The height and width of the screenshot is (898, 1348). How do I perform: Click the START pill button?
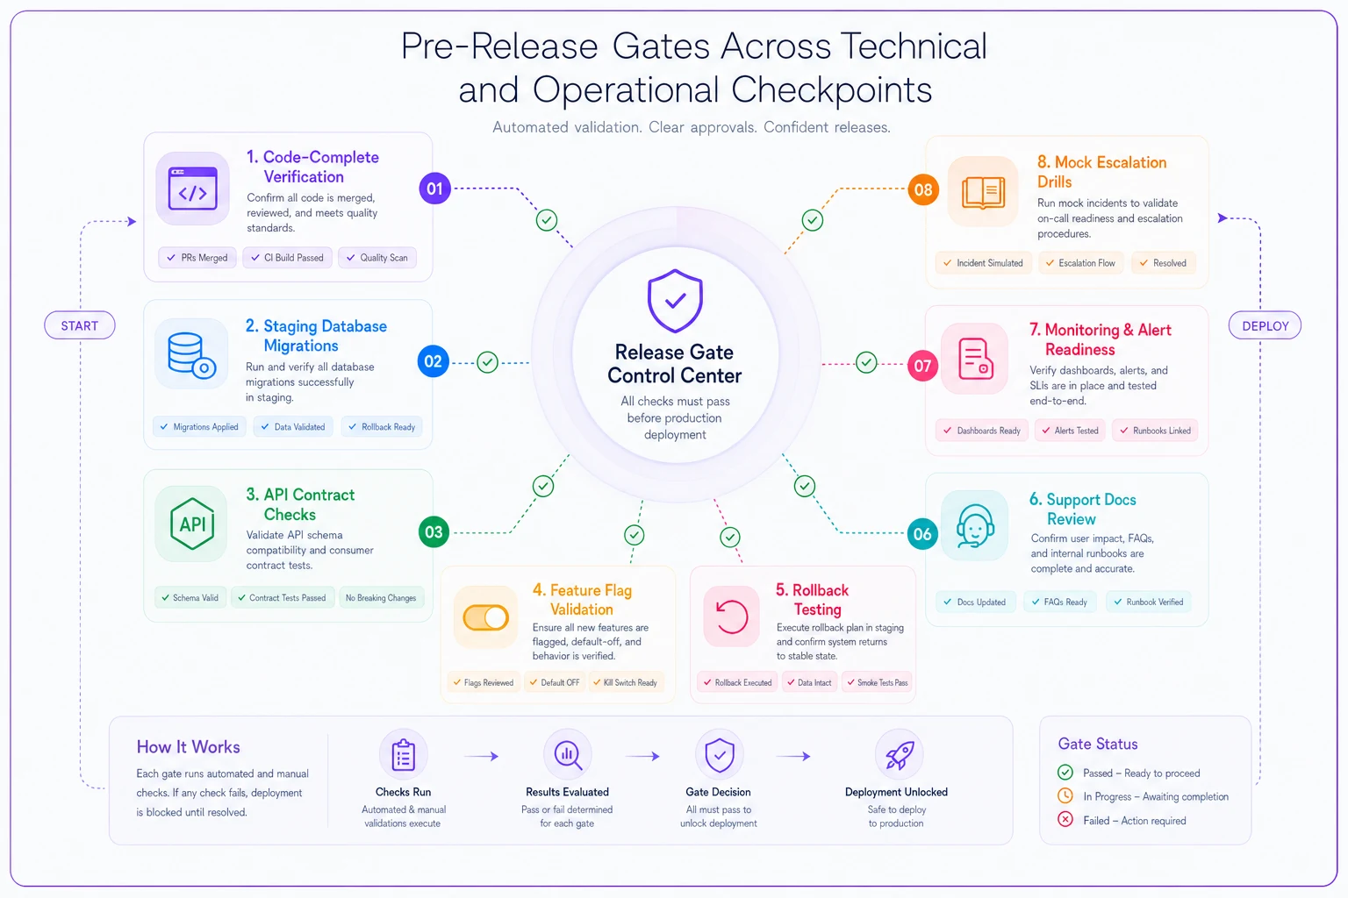point(80,325)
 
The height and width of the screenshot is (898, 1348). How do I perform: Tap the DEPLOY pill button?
point(1265,325)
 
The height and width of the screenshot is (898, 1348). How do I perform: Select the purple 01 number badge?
point(434,189)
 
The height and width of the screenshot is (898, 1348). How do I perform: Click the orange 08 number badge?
point(923,189)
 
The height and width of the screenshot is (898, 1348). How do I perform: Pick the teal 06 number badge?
point(922,533)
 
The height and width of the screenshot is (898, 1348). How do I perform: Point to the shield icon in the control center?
point(675,301)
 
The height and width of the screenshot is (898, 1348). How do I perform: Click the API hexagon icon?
point(192,524)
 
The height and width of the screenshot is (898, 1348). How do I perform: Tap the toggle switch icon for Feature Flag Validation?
point(485,617)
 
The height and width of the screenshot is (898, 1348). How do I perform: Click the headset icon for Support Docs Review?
point(974,525)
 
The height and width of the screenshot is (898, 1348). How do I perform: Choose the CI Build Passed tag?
point(288,258)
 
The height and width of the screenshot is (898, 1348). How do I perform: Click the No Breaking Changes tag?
point(381,597)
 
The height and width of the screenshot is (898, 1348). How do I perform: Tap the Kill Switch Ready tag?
point(626,682)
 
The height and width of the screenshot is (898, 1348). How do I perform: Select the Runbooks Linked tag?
point(1156,430)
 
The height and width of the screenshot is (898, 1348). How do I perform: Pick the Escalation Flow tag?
point(1081,263)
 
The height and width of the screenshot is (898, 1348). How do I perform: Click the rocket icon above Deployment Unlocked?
point(900,755)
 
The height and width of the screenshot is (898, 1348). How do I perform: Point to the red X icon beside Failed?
point(1065,819)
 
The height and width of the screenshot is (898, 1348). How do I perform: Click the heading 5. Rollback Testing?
point(812,599)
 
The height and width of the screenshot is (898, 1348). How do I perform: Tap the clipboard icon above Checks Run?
point(403,754)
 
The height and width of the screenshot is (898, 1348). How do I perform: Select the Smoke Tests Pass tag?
point(877,682)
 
